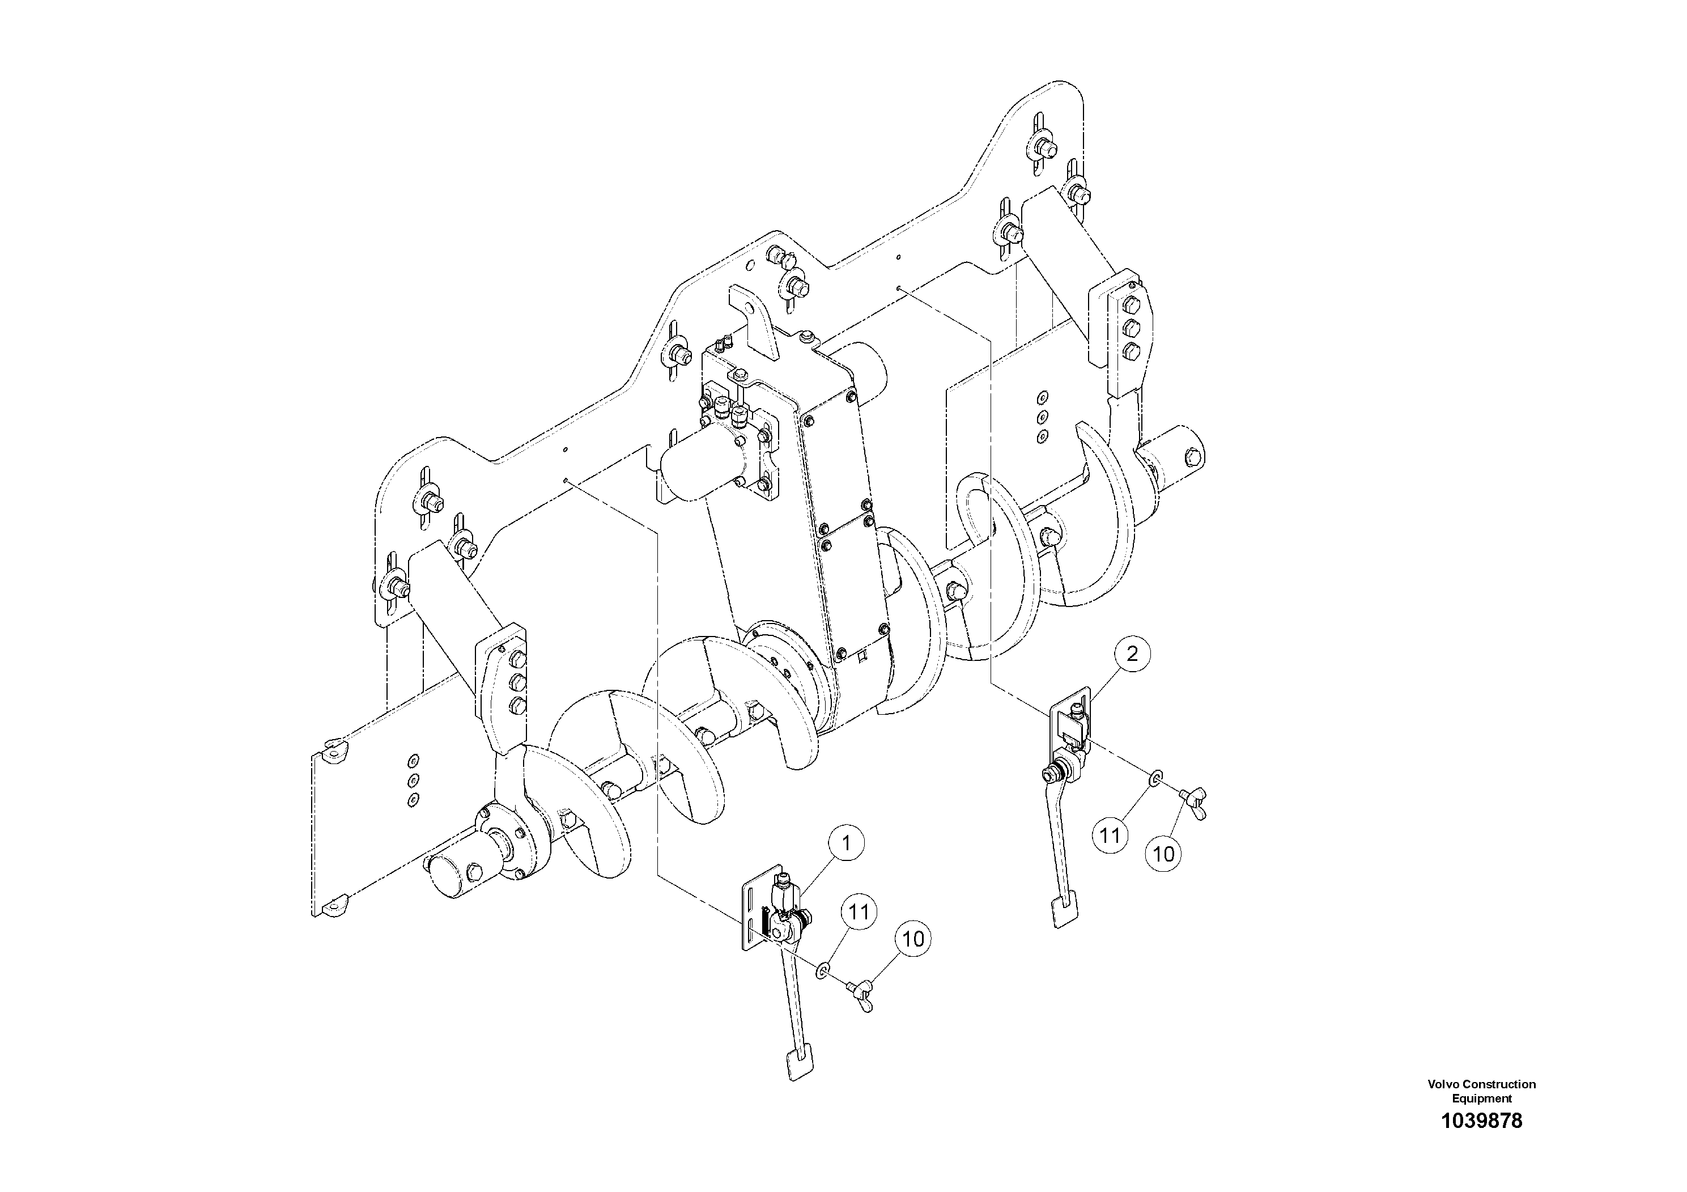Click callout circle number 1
coord(847,843)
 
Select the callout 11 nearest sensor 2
coord(1110,835)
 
